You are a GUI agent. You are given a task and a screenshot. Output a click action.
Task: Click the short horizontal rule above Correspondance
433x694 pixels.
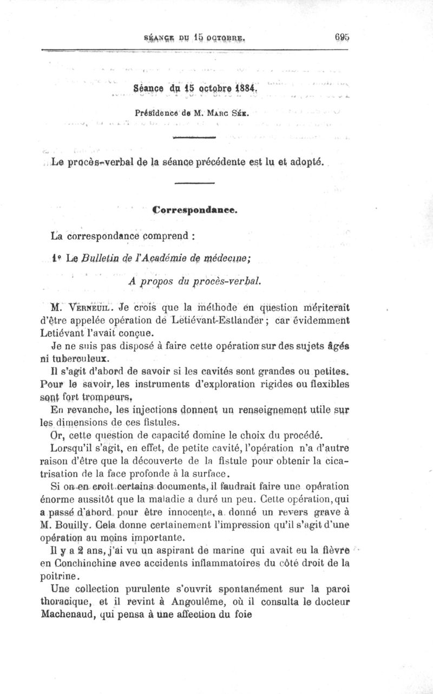(194, 184)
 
